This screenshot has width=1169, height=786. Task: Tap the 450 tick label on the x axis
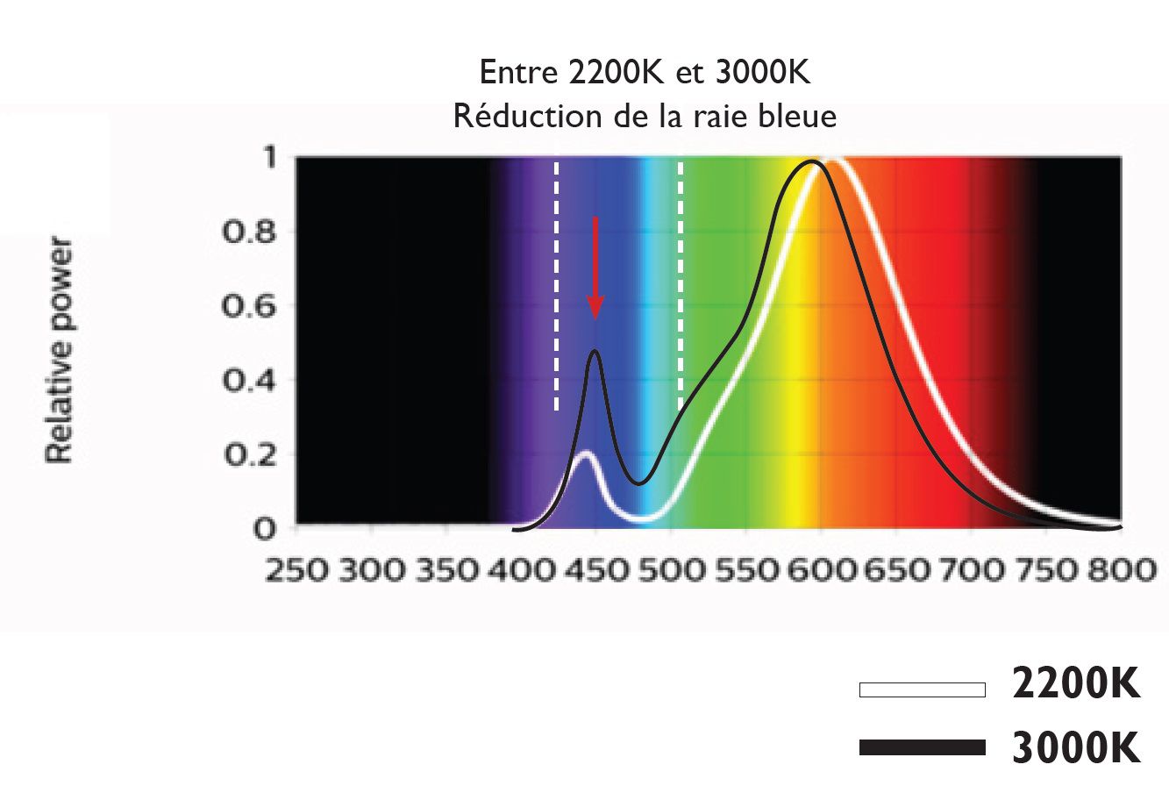(x=595, y=571)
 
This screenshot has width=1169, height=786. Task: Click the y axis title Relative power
(x=60, y=349)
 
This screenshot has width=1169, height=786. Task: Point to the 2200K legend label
(x=1076, y=684)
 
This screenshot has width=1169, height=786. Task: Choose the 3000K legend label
(x=1076, y=747)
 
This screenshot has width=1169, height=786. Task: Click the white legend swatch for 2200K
(x=922, y=690)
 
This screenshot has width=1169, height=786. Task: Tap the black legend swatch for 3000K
(x=922, y=747)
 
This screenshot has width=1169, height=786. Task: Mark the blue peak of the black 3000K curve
(x=595, y=352)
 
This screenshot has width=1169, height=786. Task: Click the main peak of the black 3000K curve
(x=815, y=161)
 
